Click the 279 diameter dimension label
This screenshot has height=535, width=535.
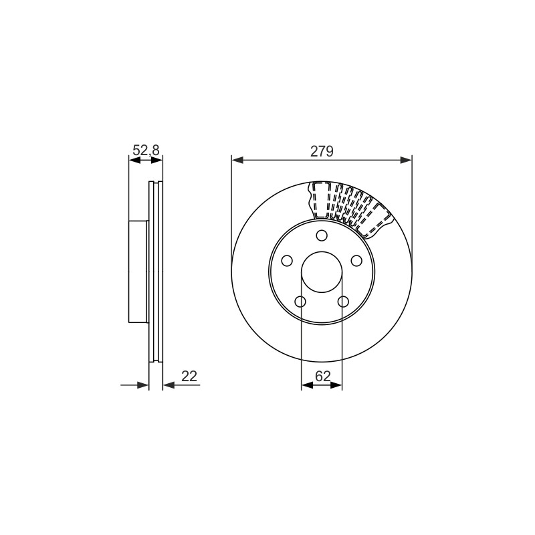322,151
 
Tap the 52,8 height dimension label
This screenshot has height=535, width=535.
146,150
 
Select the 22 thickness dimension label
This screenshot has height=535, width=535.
189,376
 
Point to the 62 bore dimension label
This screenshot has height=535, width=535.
323,376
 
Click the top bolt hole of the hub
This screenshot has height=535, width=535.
322,235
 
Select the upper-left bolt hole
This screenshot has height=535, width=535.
287,261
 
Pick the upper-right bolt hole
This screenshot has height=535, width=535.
356,261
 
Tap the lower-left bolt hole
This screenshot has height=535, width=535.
300,302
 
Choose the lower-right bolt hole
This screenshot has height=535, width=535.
343,302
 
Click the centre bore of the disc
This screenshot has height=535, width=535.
322,272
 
